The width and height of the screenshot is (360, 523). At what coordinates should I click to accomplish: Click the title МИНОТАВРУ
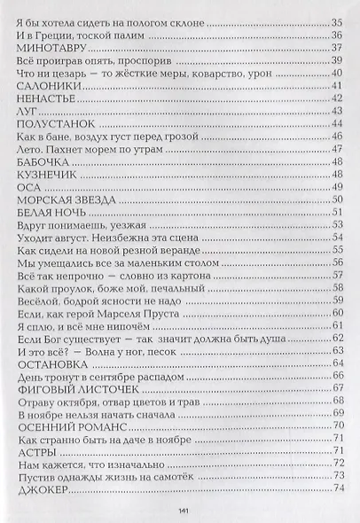(x=49, y=47)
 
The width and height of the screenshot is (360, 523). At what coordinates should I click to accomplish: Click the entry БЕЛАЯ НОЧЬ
(x=50, y=213)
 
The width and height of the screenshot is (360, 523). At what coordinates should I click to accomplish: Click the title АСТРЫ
(x=35, y=450)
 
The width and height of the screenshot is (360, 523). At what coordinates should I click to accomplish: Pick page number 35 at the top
(x=337, y=22)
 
